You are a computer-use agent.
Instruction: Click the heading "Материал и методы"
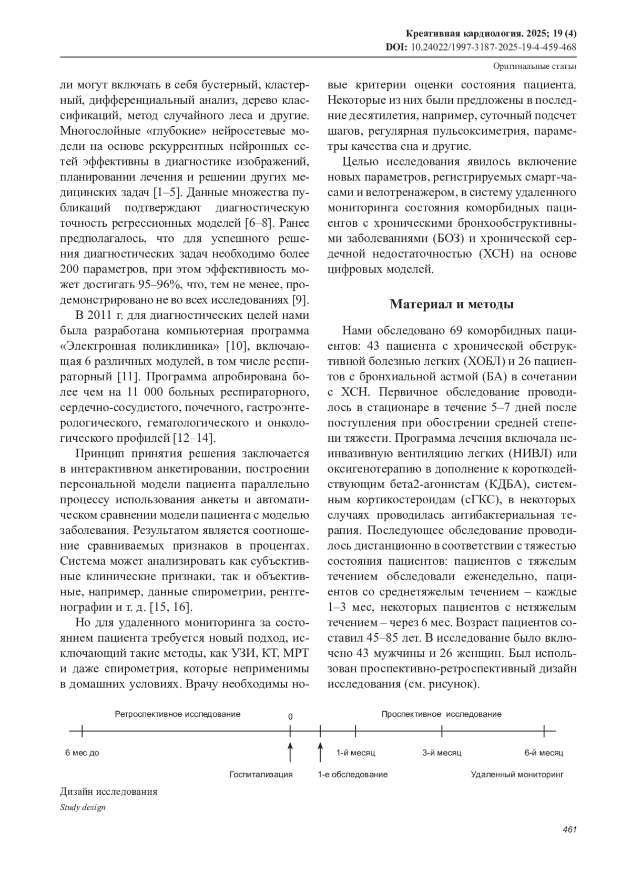click(452, 304)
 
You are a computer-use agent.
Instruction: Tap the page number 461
click(569, 829)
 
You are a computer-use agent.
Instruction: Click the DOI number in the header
click(493, 47)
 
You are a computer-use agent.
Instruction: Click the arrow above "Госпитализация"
click(290, 752)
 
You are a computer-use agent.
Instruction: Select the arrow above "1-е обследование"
click(320, 752)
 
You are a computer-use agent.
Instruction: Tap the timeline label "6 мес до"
click(82, 753)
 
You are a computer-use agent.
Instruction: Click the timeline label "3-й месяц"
click(442, 753)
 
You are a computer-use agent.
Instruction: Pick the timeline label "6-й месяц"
click(543, 753)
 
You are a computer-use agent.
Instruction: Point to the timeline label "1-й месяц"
click(356, 753)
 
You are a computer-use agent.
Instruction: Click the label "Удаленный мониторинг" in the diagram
click(517, 774)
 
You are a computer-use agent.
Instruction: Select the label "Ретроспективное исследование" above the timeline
click(178, 714)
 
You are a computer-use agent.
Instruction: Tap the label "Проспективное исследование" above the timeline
click(441, 714)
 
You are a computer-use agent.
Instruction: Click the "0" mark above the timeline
click(290, 716)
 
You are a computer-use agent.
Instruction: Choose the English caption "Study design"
click(83, 807)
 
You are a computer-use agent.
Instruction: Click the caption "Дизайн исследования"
click(109, 792)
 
